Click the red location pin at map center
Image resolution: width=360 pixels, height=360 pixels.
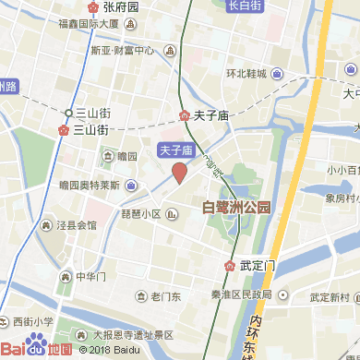click(x=180, y=172)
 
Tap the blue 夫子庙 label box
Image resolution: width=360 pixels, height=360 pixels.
click(x=176, y=149)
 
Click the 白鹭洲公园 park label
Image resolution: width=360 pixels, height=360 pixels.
click(x=237, y=209)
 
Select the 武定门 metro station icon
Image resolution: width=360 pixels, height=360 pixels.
click(x=229, y=266)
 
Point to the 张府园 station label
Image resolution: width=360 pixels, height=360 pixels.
click(x=121, y=7)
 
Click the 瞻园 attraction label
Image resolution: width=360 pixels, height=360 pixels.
click(x=127, y=157)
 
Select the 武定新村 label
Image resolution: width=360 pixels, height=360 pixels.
click(x=329, y=297)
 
